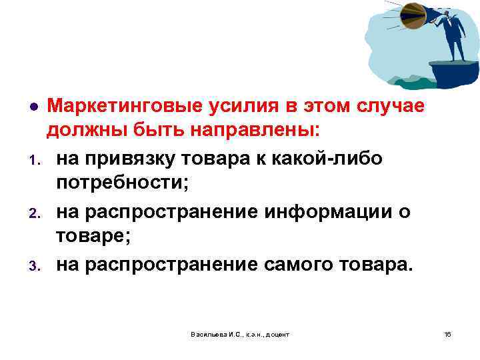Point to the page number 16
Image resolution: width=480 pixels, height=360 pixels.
pyautogui.click(x=447, y=333)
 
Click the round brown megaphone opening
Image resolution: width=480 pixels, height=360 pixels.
pyautogui.click(x=413, y=15)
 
